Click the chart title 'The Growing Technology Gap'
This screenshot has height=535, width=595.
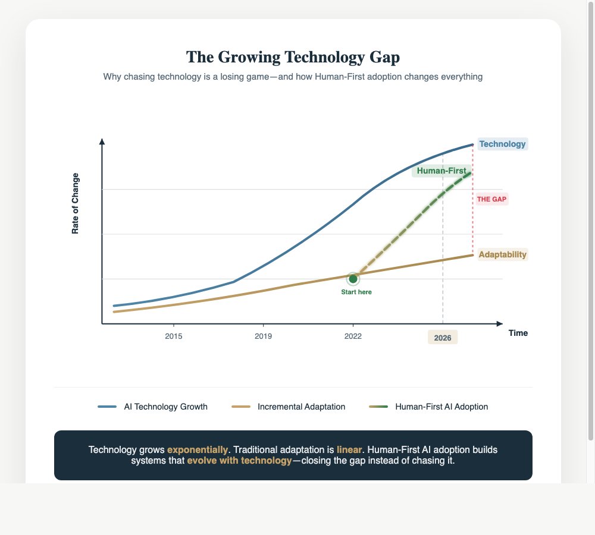coord(293,57)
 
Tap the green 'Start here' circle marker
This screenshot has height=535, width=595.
coord(353,279)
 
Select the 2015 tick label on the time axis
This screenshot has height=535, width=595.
coord(173,336)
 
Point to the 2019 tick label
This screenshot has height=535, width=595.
coord(263,336)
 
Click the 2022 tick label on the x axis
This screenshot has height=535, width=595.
coord(353,336)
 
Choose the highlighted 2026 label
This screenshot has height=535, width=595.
coord(443,338)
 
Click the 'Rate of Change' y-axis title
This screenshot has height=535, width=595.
coord(76,203)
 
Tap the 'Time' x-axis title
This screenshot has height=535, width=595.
coord(518,333)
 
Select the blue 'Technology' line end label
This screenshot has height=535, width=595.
coord(502,144)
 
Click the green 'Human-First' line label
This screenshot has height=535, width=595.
coord(441,171)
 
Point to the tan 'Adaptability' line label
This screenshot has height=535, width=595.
coord(502,254)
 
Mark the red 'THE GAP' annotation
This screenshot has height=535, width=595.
coord(491,199)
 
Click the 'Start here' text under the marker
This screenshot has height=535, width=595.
coord(356,292)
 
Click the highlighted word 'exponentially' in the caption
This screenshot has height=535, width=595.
coord(198,449)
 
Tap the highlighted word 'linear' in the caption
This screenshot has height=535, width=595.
coord(349,449)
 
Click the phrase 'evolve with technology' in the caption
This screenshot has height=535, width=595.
coord(240,461)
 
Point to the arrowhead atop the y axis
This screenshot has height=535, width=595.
coord(102,141)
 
